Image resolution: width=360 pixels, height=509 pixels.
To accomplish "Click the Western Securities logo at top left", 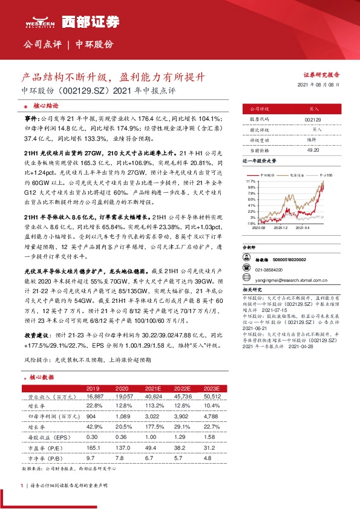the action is coord(40,21).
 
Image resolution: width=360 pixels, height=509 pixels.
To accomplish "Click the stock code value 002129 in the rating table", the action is coord(313,120).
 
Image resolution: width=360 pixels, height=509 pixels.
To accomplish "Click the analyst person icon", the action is coord(247,259).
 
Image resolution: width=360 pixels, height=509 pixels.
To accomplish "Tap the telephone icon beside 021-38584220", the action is coord(247,270).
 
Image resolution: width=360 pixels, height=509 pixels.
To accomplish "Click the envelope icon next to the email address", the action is coord(247,280).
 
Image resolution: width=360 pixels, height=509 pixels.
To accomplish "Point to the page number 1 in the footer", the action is coord(22,485).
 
